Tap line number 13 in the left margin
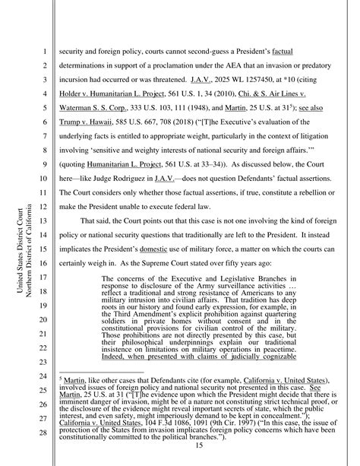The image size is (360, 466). coord(43,221)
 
